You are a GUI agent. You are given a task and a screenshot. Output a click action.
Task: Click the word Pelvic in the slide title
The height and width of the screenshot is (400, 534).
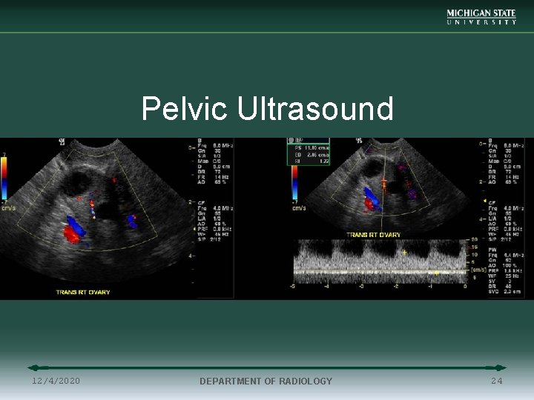click(x=185, y=109)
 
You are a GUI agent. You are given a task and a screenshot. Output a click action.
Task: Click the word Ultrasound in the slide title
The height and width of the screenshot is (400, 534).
click(x=315, y=109)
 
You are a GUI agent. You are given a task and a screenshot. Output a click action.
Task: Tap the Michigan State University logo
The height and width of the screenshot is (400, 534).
click(x=481, y=17)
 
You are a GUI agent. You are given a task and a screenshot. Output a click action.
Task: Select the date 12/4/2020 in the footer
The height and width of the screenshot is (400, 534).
click(x=56, y=381)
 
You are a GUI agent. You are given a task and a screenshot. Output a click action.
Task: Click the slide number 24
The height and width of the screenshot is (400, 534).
click(x=496, y=381)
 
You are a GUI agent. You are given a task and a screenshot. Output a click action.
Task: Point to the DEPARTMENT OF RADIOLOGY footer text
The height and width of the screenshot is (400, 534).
click(x=266, y=381)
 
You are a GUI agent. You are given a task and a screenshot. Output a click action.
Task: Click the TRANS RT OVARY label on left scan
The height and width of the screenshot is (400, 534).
click(x=83, y=292)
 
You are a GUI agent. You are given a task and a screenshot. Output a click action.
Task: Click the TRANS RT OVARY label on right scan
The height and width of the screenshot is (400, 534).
click(x=374, y=235)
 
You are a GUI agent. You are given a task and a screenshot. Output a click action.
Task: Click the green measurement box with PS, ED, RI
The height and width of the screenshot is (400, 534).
click(x=308, y=153)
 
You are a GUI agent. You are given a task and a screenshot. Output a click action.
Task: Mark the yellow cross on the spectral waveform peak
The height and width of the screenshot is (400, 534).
click(x=404, y=253)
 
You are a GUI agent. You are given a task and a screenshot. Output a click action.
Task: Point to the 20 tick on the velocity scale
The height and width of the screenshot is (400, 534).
click(x=474, y=240)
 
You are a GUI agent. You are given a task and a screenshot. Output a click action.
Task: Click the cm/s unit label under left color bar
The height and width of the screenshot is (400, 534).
click(x=9, y=208)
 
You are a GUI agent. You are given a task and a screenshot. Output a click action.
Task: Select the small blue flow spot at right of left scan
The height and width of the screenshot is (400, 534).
click(x=131, y=220)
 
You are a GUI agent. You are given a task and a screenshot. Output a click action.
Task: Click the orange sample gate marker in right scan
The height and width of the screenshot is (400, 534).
click(x=383, y=181)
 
